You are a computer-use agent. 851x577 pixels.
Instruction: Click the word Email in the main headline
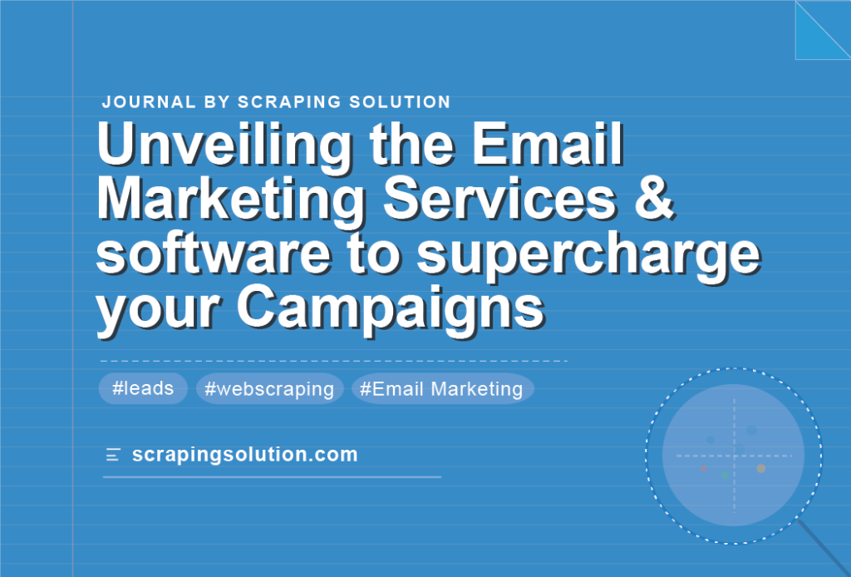(548, 145)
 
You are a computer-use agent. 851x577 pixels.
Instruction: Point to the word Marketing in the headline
(232, 201)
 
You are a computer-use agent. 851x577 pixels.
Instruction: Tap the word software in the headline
(214, 254)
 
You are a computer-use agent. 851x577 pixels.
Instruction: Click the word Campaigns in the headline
(391, 309)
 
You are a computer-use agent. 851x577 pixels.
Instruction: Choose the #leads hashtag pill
(143, 388)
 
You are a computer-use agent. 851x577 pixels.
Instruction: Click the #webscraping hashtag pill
(270, 388)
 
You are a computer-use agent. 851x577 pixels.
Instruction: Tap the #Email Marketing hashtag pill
(442, 388)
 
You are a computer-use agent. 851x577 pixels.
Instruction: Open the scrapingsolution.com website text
(245, 454)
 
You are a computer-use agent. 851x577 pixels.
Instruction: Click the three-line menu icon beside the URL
(112, 455)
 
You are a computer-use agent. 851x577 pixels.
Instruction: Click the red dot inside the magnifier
(703, 468)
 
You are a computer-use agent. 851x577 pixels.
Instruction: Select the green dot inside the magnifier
(725, 476)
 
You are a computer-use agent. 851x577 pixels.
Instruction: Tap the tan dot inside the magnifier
(761, 468)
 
